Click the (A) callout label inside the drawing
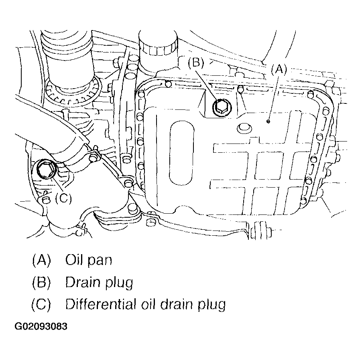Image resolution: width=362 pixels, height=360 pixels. tap(277, 70)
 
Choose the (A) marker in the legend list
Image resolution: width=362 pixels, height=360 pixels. tap(41, 260)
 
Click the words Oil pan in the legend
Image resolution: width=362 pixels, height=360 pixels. tap(88, 261)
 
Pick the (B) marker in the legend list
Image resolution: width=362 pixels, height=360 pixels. tap(41, 283)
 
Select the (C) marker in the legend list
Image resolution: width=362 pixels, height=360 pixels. tap(41, 305)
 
